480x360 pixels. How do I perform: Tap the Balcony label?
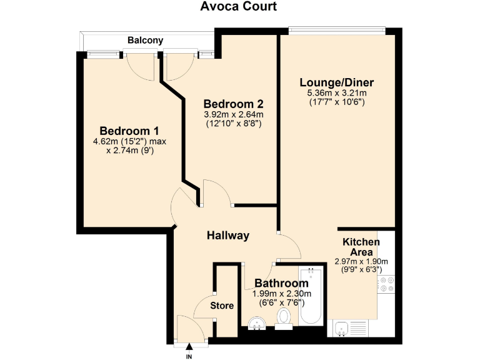click(x=145, y=41)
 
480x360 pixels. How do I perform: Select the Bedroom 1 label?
click(x=129, y=131)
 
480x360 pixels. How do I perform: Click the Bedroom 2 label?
click(x=233, y=104)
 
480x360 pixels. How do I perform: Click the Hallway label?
click(x=228, y=236)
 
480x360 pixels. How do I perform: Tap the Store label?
click(x=222, y=306)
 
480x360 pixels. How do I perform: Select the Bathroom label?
click(x=281, y=283)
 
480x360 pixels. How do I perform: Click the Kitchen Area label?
click(x=361, y=246)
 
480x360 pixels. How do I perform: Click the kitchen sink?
click(x=342, y=327)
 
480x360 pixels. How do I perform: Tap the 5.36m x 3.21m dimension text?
click(x=336, y=93)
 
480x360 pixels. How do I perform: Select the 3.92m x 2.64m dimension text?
click(x=233, y=114)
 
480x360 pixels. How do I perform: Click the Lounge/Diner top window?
click(x=337, y=29)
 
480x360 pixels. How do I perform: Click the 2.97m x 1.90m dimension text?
click(x=361, y=261)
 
